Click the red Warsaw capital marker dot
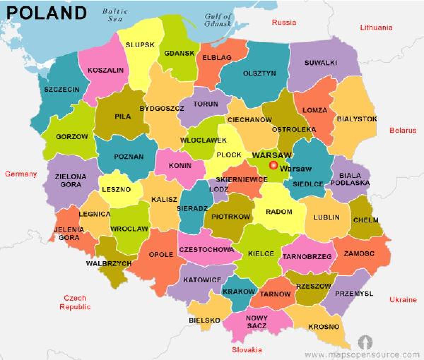coord(273,165)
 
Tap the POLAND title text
coord(46,13)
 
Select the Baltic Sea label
coord(114,15)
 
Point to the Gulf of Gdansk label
coord(218,20)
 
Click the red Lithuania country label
coord(376,28)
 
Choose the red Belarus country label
coord(403,130)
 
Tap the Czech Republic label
coord(75,302)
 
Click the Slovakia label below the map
coord(247,350)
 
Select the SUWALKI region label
coord(321,63)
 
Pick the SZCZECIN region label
coord(62,90)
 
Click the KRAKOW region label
coord(239,292)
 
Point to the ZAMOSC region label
coord(359,253)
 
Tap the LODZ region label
coord(219,189)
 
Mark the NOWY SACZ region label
coord(257,322)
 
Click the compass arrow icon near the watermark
coord(365,342)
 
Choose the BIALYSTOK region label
coord(357,119)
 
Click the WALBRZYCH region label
coord(109,264)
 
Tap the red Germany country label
coord(21,174)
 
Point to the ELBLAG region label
coord(217,58)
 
